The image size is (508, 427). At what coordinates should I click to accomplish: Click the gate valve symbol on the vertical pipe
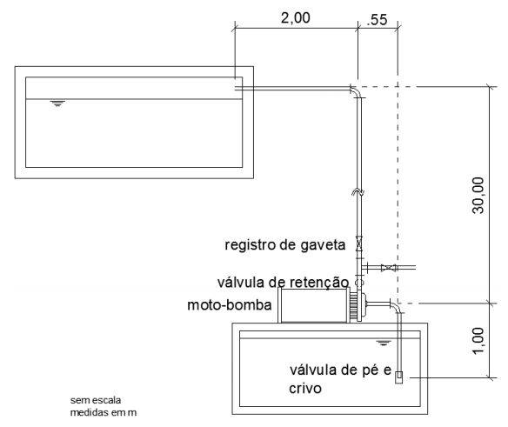tap(358, 245)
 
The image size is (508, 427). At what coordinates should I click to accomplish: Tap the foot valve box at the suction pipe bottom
tap(399, 377)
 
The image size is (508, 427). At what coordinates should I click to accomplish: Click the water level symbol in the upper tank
tap(58, 103)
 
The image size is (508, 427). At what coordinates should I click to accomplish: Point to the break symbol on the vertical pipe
tap(358, 192)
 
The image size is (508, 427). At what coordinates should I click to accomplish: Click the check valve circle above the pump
tap(358, 283)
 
